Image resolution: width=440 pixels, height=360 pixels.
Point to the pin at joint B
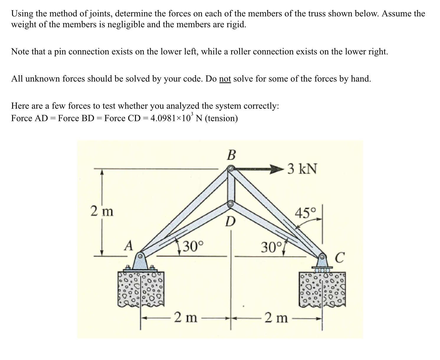231,169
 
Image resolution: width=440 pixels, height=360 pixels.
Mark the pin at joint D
231,204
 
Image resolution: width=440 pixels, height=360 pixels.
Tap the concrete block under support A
140,289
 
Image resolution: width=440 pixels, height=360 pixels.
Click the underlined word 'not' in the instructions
225,79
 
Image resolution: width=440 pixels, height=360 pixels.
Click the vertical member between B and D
231,186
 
